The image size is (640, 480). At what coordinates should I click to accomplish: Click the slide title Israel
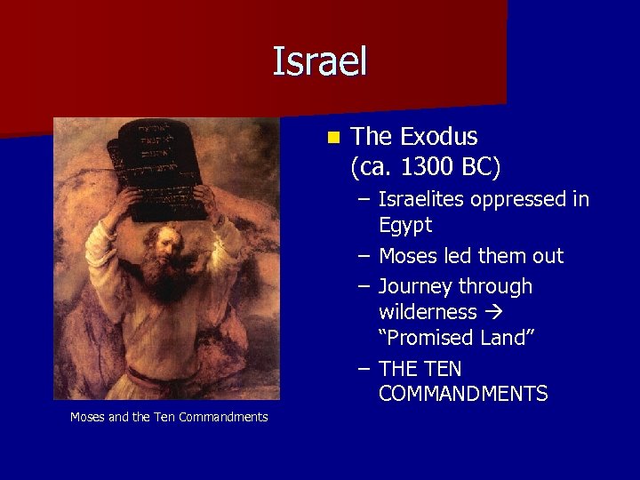319,61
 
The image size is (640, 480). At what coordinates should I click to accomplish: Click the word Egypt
404,225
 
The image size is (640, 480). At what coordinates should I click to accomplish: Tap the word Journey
415,286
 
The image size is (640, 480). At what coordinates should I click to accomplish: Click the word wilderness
428,312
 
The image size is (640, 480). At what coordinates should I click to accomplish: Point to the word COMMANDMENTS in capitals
462,394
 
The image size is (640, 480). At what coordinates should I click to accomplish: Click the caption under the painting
169,417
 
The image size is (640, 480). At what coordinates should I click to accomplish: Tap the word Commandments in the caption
224,417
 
